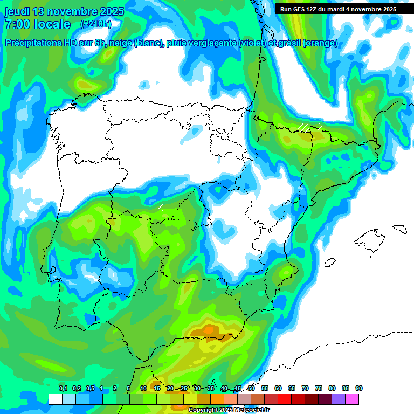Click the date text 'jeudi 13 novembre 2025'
click(64, 11)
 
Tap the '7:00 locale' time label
click(38, 24)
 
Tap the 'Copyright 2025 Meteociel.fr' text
click(229, 410)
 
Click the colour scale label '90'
click(359, 388)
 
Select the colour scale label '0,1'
click(63, 388)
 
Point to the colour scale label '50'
click(251, 388)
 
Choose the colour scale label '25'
click(184, 388)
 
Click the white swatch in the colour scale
click(55, 399)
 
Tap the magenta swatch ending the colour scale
click(352, 399)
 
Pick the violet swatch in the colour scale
click(339, 399)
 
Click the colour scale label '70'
click(305, 388)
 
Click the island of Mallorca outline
click(370, 239)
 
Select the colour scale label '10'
click(143, 388)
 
